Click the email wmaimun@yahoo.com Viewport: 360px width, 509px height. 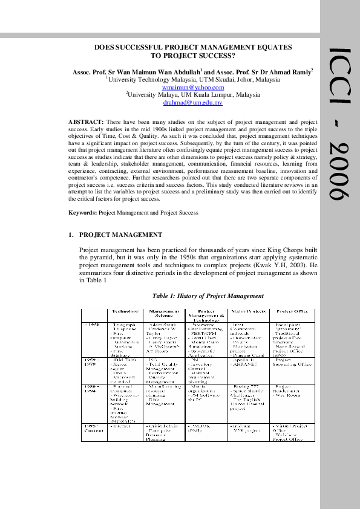point(194,87)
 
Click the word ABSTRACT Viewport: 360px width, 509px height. point(86,122)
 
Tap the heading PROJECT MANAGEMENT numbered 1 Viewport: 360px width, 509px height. point(120,235)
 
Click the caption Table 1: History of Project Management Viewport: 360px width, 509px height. point(208,296)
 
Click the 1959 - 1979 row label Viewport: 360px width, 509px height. point(91,363)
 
